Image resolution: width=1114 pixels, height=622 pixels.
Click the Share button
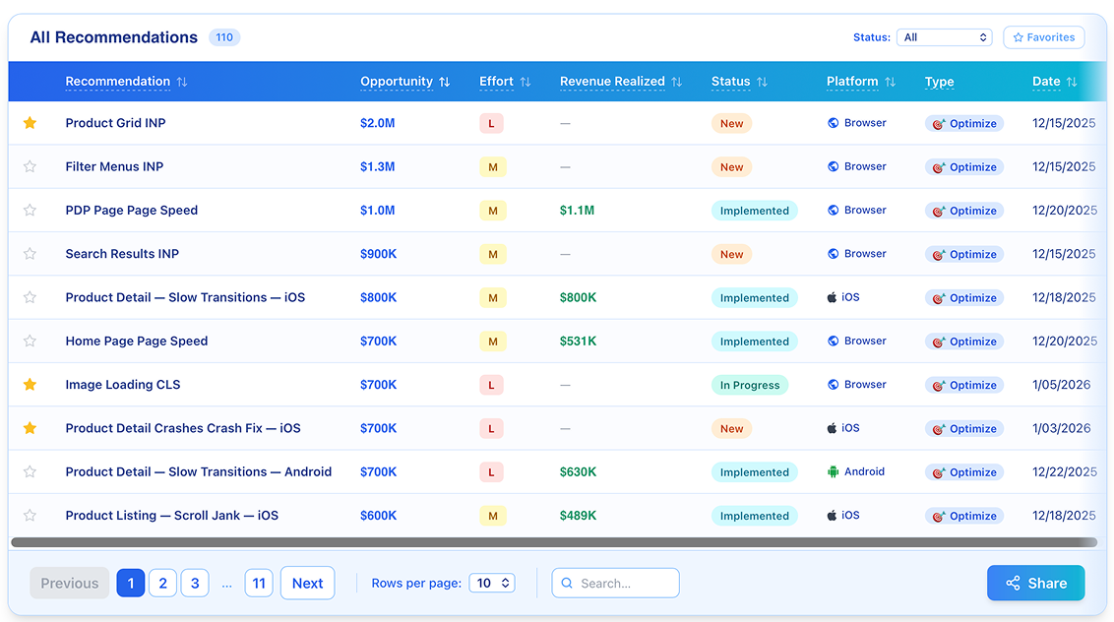point(1035,583)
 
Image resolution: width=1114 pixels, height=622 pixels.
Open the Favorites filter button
point(1044,37)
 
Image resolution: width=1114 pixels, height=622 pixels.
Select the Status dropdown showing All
point(944,37)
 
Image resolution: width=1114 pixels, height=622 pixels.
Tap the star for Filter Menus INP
point(30,166)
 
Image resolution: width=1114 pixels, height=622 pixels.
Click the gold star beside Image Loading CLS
point(30,385)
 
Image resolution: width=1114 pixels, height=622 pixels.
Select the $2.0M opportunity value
point(377,123)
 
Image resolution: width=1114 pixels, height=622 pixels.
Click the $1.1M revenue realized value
point(577,211)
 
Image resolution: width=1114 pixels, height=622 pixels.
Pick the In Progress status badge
point(750,385)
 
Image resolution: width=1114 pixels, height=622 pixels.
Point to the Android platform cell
point(856,472)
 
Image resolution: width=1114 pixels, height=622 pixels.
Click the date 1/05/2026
point(1062,385)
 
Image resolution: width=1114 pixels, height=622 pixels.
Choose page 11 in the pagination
point(259,583)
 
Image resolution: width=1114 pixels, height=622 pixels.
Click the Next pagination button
point(308,583)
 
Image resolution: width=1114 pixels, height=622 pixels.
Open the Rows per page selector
point(492,583)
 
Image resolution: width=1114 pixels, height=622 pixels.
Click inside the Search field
point(615,583)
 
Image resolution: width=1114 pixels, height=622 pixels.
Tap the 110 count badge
point(224,37)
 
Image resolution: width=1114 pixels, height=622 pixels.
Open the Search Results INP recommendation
point(122,254)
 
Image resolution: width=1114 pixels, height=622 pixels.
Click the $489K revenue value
point(578,516)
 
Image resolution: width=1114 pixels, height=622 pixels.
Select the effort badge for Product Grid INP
point(491,124)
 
